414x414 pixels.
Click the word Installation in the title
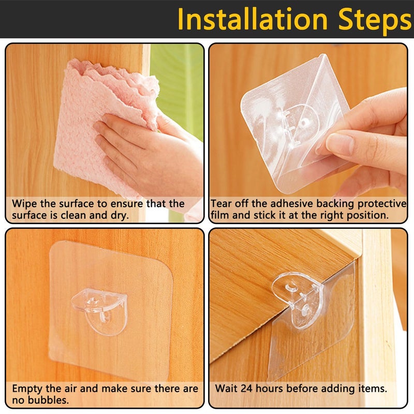point(253,19)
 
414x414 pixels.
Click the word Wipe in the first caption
point(24,204)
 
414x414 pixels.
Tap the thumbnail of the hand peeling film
point(308,134)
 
